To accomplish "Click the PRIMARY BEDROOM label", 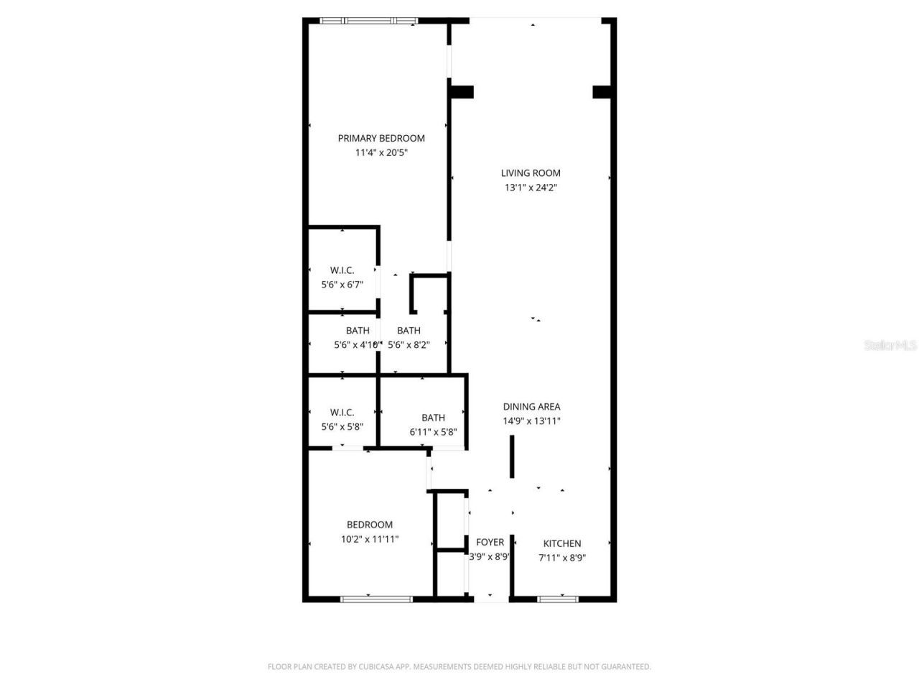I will point(381,138).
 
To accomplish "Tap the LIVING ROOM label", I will point(531,172).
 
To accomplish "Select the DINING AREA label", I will point(531,407).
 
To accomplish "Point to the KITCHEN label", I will point(562,543).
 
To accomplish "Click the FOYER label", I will point(490,542).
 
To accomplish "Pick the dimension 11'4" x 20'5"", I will point(381,152).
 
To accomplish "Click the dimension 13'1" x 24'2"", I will point(531,188).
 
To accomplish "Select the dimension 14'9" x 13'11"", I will point(531,421).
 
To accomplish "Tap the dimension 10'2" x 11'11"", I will point(370,539).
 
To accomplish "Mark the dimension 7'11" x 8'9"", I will point(562,557).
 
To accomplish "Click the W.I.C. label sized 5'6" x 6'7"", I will point(342,270).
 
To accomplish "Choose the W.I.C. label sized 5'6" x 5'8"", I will point(342,413).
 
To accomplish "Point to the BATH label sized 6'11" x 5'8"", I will point(433,418).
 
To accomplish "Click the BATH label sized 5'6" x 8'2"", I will point(409,331).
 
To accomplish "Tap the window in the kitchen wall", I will point(558,598).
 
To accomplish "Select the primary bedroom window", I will point(368,21).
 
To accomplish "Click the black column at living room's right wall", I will point(602,92).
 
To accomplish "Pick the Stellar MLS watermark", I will point(890,346).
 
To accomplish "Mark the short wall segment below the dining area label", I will point(512,456).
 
